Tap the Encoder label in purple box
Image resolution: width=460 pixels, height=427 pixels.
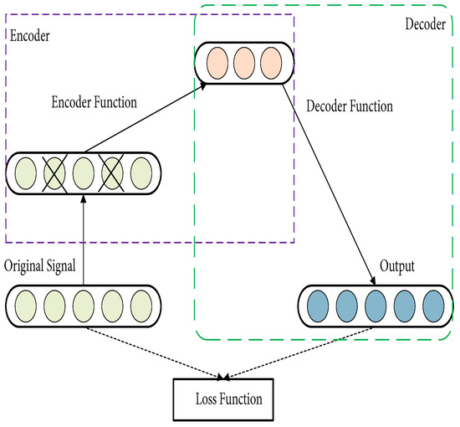tap(29, 37)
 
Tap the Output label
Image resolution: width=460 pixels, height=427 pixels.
tap(396, 266)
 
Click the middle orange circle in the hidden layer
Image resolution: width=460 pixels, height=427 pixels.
tap(244, 64)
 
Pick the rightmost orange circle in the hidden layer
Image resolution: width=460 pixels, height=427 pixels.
tap(270, 64)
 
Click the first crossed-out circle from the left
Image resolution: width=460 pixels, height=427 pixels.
tap(54, 174)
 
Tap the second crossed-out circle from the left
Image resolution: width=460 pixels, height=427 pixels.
tap(112, 174)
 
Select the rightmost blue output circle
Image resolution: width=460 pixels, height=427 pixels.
tap(432, 306)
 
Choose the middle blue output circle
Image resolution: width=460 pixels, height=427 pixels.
tap(376, 306)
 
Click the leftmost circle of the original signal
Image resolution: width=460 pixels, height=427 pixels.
tap(27, 306)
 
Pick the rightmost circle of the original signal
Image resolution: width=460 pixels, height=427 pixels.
tap(140, 306)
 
